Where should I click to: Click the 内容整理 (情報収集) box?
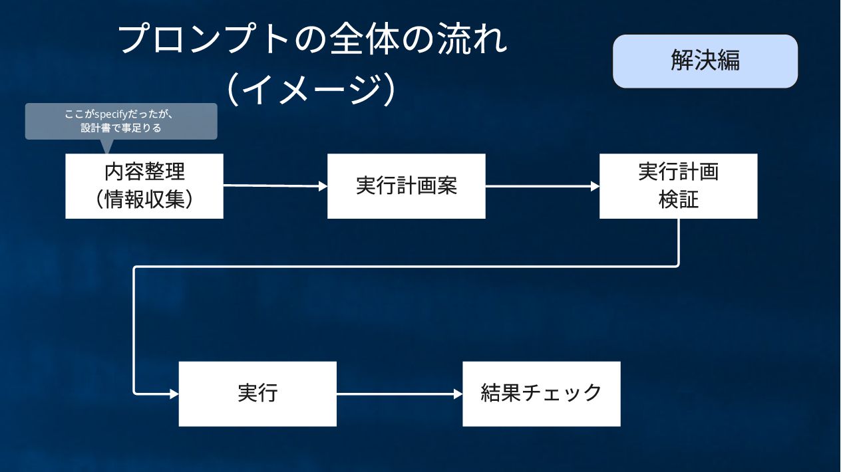144,186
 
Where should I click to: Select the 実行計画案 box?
406,186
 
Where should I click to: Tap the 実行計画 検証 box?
678,186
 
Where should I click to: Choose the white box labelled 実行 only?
257,394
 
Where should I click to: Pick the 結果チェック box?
541,394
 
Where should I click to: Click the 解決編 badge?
705,61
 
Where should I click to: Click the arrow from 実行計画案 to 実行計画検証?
542,187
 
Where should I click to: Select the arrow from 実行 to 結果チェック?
399,394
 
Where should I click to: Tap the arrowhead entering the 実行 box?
174,394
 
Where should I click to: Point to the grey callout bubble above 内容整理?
121,120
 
